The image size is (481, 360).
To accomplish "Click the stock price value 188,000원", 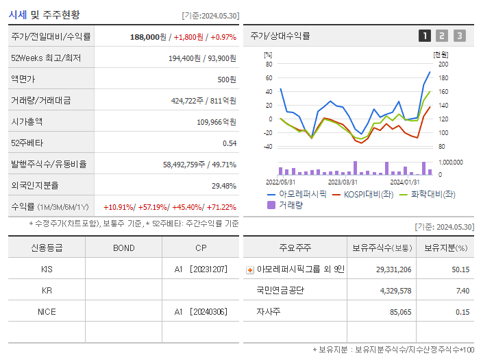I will click(x=148, y=36).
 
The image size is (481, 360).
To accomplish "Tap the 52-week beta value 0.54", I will click(x=229, y=143).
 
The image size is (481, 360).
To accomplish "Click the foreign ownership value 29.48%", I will click(x=224, y=186).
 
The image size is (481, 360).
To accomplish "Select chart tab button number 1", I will click(x=425, y=36).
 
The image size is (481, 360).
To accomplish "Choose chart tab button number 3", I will click(x=459, y=36).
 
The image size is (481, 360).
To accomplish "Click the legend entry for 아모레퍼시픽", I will click(x=297, y=194).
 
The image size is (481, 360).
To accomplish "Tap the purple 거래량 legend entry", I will click(x=288, y=205).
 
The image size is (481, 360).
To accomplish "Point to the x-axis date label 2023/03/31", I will click(x=343, y=182).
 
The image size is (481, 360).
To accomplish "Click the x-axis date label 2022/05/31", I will click(x=280, y=182).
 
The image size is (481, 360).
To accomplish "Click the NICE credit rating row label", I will click(x=47, y=311).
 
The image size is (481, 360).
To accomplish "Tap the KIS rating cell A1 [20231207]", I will click(x=199, y=269).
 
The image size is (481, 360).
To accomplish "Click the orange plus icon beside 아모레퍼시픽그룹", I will click(x=250, y=270).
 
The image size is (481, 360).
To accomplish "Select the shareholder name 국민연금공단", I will click(x=280, y=291).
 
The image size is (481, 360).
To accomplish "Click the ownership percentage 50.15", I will click(x=460, y=269).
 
